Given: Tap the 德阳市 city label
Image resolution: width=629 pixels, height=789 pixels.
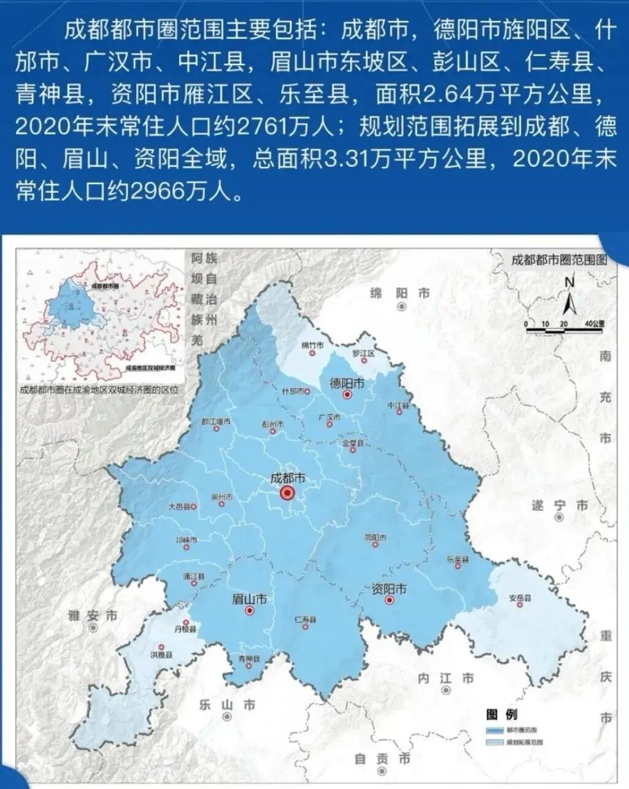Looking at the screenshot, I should [347, 383].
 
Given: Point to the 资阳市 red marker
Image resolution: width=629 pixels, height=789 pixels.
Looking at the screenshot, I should [388, 601].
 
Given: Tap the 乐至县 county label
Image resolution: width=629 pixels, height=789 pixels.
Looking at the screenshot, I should [458, 560].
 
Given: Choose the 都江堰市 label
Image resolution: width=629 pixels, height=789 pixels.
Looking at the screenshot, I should [215, 421].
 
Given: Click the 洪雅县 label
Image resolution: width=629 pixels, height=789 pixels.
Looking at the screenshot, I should [161, 655].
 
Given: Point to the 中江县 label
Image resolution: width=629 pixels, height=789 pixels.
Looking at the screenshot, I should [398, 406].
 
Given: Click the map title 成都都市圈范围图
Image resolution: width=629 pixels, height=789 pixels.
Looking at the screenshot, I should [559, 259].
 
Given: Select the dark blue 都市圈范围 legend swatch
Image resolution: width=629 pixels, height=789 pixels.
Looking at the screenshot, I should [495, 731].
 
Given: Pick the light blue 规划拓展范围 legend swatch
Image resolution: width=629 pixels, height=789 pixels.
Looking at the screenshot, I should [495, 742].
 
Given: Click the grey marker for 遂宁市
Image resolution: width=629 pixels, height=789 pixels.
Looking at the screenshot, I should [559, 517].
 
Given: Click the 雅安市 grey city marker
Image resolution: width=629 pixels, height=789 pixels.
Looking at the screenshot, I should [93, 628].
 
